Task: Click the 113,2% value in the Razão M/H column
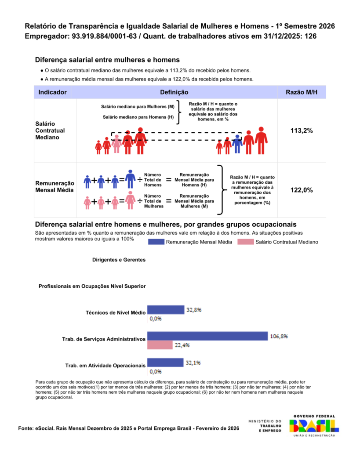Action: point(302,131)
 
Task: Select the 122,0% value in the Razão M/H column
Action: point(302,190)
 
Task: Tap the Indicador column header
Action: point(52,92)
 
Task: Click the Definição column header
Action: point(174,92)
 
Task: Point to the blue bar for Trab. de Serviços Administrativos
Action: point(207,336)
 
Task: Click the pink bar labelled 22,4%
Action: point(160,345)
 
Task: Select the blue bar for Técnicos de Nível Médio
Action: point(165,309)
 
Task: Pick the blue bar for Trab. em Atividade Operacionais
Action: point(165,363)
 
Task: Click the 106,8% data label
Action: point(279,336)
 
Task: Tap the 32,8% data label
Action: point(194,309)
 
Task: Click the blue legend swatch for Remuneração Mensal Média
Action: point(156,242)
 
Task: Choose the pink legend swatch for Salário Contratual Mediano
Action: point(245,242)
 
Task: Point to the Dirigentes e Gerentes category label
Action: point(119,260)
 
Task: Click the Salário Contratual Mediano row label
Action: point(50,131)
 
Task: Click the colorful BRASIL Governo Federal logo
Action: point(314,425)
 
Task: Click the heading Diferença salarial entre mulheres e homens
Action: point(107,60)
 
